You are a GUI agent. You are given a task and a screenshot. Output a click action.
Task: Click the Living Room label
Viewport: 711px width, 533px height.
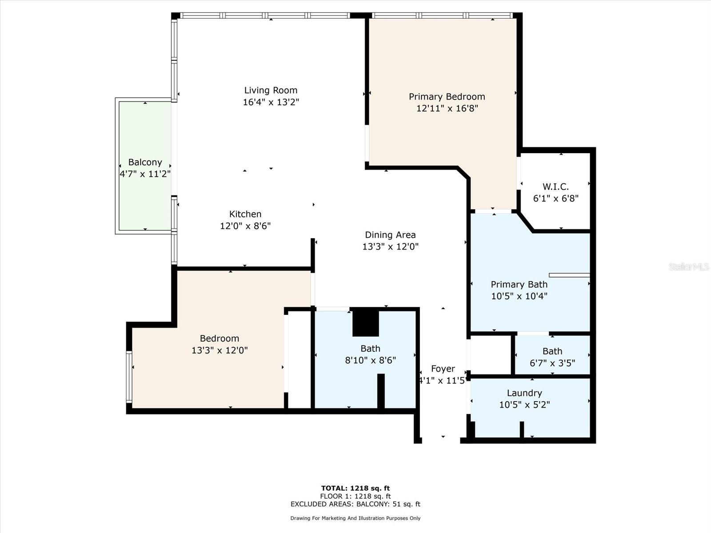[271, 90]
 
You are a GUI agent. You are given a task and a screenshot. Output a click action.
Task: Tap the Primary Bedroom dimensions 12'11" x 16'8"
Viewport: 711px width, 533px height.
[447, 108]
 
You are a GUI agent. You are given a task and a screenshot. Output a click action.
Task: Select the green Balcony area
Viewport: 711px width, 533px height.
[145, 166]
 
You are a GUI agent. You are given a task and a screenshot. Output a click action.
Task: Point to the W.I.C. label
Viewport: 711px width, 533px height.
[556, 187]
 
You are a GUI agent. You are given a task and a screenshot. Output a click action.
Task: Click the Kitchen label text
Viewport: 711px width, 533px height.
[245, 214]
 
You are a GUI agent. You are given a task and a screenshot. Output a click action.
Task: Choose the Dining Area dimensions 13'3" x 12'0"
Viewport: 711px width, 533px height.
[390, 247]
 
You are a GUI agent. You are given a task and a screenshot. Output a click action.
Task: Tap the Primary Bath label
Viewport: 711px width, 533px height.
[519, 284]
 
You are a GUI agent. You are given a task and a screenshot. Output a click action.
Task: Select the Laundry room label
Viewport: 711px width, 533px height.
[524, 393]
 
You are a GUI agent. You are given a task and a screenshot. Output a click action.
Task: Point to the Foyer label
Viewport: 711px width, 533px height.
[443, 369]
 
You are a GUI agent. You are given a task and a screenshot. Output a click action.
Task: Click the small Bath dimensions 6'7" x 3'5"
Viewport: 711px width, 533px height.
[552, 363]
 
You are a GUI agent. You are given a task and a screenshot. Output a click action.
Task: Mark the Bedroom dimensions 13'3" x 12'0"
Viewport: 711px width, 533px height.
[220, 350]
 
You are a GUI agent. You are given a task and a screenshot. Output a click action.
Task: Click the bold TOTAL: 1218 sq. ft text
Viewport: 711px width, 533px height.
[355, 488]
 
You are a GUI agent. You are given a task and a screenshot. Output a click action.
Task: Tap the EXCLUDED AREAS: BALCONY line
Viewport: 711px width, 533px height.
[355, 504]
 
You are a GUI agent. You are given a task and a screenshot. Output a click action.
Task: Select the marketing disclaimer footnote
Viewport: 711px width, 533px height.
[355, 518]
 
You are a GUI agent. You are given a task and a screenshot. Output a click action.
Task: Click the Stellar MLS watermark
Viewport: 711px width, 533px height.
[689, 266]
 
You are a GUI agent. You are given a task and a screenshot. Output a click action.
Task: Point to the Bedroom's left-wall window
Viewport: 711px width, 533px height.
[129, 377]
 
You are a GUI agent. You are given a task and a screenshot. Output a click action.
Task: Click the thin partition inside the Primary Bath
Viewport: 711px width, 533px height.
[569, 275]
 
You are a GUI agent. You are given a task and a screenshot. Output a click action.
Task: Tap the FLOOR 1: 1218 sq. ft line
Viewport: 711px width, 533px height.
[355, 496]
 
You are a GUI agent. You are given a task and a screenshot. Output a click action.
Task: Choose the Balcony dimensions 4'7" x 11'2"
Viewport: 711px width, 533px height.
[145, 174]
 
